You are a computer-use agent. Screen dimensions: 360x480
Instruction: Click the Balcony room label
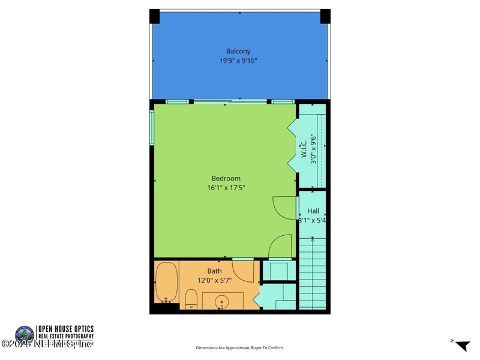click(238, 51)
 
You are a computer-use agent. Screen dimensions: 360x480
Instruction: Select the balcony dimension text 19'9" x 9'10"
click(238, 61)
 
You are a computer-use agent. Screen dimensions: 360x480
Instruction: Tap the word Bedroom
click(226, 178)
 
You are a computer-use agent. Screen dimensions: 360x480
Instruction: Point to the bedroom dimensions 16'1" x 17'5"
click(226, 188)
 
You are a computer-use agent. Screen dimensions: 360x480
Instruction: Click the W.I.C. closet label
click(304, 148)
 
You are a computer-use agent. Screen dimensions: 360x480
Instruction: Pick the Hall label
click(313, 211)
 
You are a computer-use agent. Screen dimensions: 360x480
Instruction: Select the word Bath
click(215, 271)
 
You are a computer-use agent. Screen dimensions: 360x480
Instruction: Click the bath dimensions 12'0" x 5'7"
click(218, 280)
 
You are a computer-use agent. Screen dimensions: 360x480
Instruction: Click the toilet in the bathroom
click(191, 298)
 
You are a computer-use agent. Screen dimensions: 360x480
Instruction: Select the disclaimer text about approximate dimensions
click(240, 348)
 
